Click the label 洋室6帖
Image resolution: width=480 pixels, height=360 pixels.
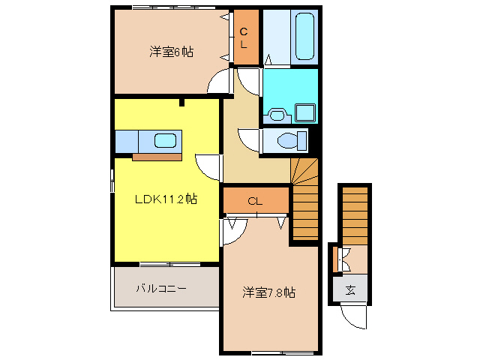pyautogui.click(x=171, y=52)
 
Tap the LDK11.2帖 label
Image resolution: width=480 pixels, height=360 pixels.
pyautogui.click(x=166, y=199)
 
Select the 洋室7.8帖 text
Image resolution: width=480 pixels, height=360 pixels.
pyautogui.click(x=268, y=292)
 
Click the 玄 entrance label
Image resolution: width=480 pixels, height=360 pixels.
pyautogui.click(x=350, y=289)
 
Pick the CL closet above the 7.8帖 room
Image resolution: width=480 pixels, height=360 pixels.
pyautogui.click(x=255, y=200)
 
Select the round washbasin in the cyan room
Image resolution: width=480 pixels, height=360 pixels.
pyautogui.click(x=277, y=115)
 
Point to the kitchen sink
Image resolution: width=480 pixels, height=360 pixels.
pyautogui.click(x=164, y=140)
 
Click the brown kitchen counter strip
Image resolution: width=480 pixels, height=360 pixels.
pyautogui.click(x=157, y=157)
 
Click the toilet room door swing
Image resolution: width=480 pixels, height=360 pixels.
pyautogui.click(x=249, y=140)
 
